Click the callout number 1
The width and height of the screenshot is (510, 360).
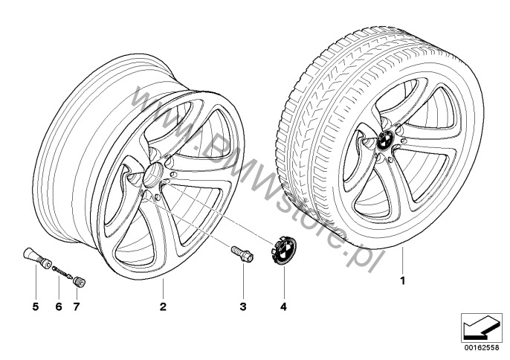(x=403, y=280)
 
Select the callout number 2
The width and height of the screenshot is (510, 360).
(x=163, y=306)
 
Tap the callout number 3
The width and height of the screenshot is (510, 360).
(x=243, y=306)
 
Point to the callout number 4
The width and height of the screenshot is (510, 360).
(x=284, y=306)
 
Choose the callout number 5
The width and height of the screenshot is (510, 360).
(x=36, y=306)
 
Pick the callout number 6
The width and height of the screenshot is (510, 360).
(x=59, y=306)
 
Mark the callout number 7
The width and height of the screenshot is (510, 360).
(x=77, y=306)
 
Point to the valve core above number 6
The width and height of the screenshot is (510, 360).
(x=62, y=272)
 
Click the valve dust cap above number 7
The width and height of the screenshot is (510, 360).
(x=79, y=282)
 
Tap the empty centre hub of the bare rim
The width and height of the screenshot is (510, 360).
(x=153, y=175)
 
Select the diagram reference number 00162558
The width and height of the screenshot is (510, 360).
(x=482, y=347)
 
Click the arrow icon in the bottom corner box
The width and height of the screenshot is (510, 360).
(x=482, y=328)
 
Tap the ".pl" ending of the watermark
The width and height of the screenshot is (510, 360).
(x=364, y=254)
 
